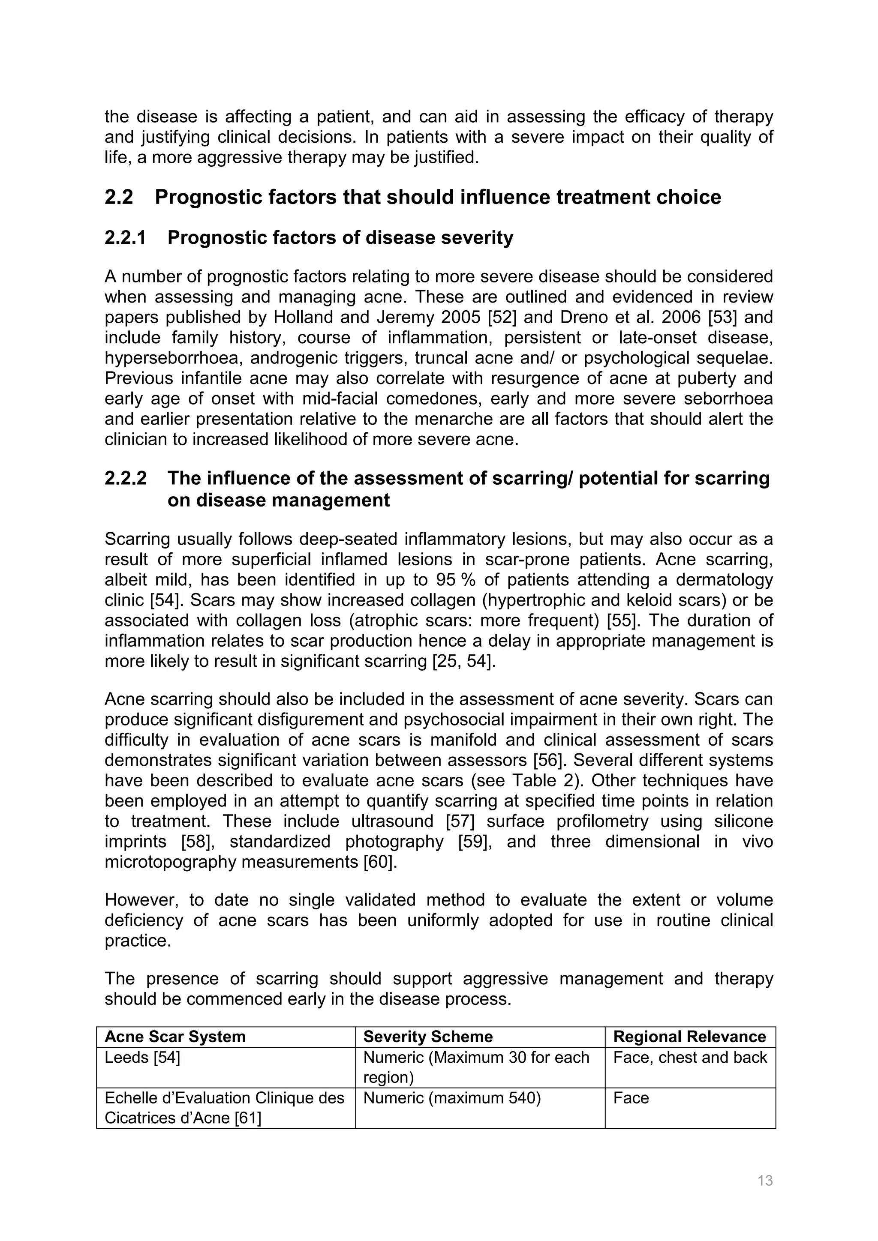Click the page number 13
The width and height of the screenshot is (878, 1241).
point(765,1181)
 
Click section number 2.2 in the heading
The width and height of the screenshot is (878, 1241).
point(119,197)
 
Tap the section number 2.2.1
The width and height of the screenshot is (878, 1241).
point(126,238)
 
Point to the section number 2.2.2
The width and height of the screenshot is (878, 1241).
point(126,478)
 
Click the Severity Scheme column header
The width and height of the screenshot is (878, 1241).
point(428,1036)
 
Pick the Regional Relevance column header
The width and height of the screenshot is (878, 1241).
point(689,1036)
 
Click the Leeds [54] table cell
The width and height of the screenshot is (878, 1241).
point(142,1057)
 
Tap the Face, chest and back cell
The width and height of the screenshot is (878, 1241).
point(690,1057)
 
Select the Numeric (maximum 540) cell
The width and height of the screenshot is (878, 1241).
point(452,1098)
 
